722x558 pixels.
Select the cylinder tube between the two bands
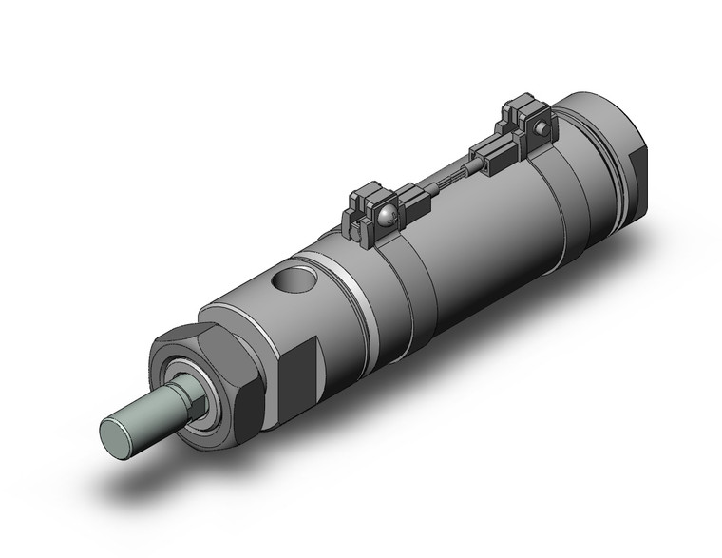(475, 238)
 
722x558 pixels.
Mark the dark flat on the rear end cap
(635, 176)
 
